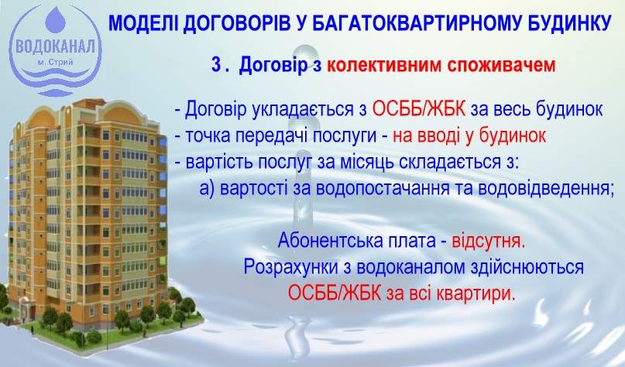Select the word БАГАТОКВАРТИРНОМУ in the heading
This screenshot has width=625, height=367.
(410, 22)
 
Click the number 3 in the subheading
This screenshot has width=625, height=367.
(217, 65)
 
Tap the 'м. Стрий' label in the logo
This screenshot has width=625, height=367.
(55, 62)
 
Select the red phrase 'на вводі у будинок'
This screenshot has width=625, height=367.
(469, 135)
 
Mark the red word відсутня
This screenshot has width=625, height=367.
(494, 239)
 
